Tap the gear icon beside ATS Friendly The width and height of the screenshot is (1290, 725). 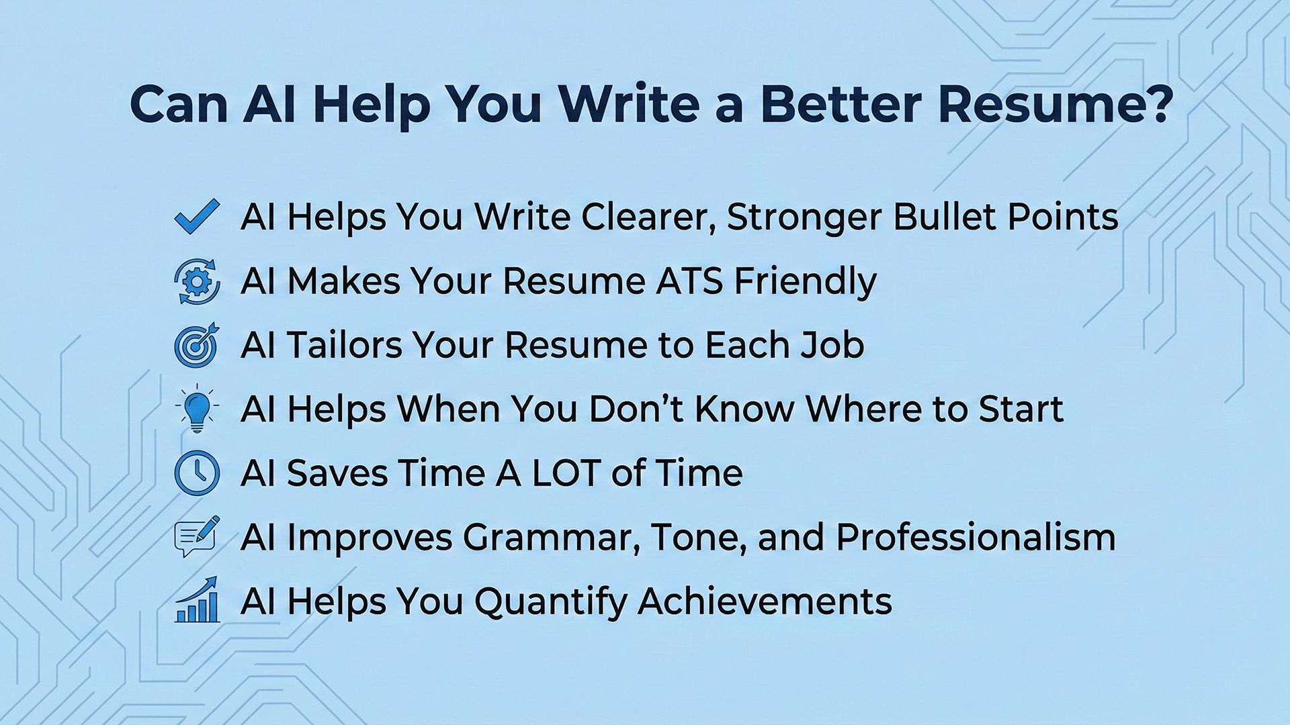[x=197, y=281]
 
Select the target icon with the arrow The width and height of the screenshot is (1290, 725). [x=197, y=344]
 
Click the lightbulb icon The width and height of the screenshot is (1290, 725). [x=197, y=408]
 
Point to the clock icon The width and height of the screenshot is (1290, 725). [x=197, y=473]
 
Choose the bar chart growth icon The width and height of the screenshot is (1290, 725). [x=197, y=599]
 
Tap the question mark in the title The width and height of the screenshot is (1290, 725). [x=1156, y=104]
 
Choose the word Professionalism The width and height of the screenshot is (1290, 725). [x=976, y=537]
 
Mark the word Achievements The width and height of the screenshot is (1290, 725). [x=765, y=601]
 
